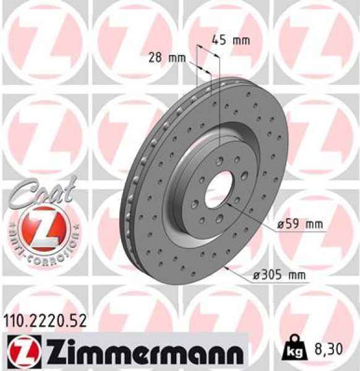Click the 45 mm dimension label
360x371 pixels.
(231, 41)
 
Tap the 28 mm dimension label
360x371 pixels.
(168, 58)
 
